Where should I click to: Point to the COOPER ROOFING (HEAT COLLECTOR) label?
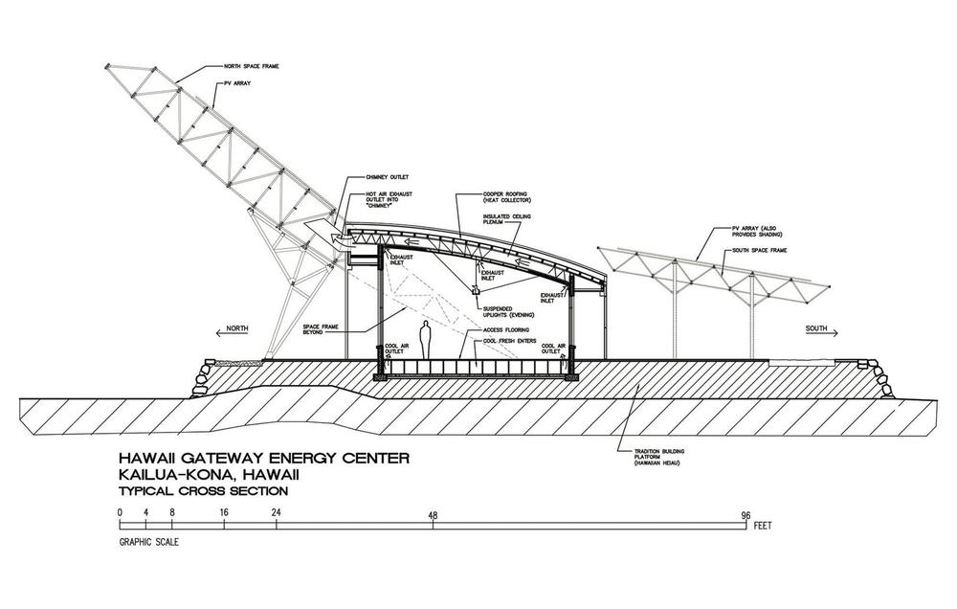click(x=505, y=199)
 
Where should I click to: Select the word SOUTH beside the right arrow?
click(x=816, y=330)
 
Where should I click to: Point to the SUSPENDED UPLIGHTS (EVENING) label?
click(x=508, y=310)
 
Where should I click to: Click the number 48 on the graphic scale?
click(x=434, y=515)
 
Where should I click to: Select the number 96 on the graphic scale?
click(x=746, y=515)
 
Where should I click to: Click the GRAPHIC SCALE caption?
click(x=148, y=541)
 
